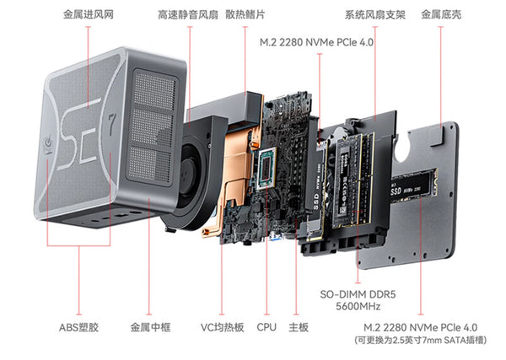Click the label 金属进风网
tap(88, 14)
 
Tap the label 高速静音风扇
tap(188, 14)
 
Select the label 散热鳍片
tap(245, 14)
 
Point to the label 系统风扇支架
tap(375, 14)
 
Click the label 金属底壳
tap(441, 14)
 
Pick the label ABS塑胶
tap(78, 327)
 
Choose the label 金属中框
tap(150, 327)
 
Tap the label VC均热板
tap(222, 327)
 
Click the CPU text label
tap(266, 327)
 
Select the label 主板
tap(299, 327)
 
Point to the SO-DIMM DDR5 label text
tap(358, 294)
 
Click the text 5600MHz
tap(358, 306)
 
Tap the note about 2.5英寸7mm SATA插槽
tap(421, 341)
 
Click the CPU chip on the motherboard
tap(266, 168)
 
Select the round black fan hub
tap(187, 171)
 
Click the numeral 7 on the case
tap(111, 124)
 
